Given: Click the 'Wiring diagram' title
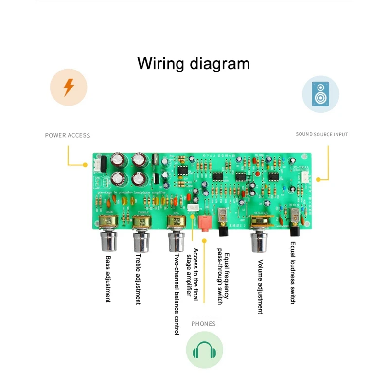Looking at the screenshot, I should pos(194,64).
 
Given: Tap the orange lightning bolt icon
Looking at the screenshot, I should pos(69,88).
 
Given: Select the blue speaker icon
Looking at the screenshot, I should pos(320,94).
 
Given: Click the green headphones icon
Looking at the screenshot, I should pos(204,350).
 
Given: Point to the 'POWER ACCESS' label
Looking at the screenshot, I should pos(68,135).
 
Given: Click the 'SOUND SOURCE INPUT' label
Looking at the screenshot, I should pos(322,134).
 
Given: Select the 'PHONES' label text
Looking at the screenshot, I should pos(203,323).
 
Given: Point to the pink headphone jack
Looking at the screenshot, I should pos(203,224).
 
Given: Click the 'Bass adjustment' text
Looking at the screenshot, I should pos(108,279).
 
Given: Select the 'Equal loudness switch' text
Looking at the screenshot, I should pos(293,272).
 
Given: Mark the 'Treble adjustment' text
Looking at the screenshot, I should pos(138,279).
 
